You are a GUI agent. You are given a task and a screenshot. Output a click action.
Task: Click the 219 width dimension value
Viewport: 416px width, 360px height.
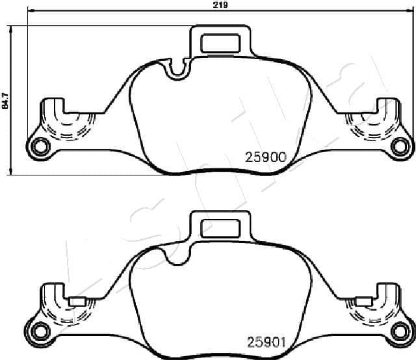(x=220, y=5)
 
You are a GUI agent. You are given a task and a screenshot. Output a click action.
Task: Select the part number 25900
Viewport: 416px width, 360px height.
(x=265, y=157)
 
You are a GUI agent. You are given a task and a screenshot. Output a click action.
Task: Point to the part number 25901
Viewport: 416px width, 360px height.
(x=265, y=341)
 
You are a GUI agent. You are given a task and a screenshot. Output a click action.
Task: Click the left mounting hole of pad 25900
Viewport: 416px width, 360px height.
(x=40, y=146)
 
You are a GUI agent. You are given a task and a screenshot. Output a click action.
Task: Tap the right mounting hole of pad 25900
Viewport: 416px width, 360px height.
(x=398, y=146)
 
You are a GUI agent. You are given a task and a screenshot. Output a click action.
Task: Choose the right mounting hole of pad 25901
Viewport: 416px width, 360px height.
(x=398, y=331)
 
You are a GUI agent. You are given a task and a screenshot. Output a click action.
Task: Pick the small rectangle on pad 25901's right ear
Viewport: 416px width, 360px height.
(x=361, y=302)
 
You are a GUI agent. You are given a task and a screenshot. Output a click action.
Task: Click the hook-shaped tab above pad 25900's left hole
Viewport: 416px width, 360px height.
(x=52, y=106)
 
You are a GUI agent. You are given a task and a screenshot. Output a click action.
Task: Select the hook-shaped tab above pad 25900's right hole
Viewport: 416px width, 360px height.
(x=387, y=106)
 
